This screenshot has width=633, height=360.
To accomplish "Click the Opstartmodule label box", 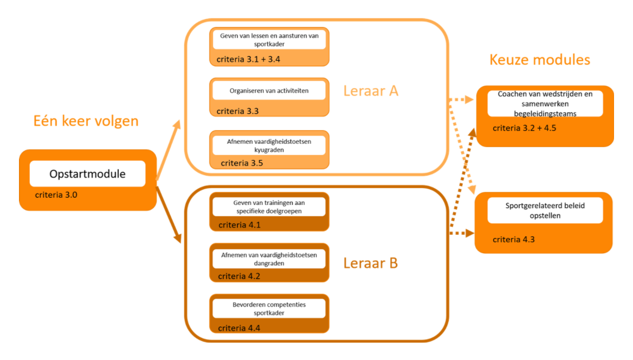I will (x=87, y=174).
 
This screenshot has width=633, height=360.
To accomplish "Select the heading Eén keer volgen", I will (x=86, y=120).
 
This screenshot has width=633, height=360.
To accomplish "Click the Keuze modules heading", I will (x=539, y=59).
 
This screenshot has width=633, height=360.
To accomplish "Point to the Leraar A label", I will (x=371, y=91).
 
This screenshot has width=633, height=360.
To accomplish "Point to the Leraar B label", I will (x=371, y=263).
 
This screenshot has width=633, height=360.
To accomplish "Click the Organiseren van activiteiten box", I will (x=269, y=91).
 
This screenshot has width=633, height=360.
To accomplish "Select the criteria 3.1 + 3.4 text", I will (x=248, y=59).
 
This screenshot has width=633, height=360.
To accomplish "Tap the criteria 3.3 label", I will (x=237, y=111).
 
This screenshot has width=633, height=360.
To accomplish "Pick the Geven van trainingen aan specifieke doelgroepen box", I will (x=269, y=207).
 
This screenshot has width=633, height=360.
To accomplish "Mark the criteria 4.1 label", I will (x=240, y=224).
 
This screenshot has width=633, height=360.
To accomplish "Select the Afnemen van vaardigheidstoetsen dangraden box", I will (x=269, y=258).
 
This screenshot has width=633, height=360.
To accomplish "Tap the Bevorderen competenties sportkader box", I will (x=269, y=308).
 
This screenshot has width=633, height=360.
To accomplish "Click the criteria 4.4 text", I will (x=240, y=327).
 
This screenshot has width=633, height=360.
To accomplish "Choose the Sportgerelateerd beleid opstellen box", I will (x=545, y=210).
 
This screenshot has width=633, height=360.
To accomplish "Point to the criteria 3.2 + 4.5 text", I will (x=525, y=128).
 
